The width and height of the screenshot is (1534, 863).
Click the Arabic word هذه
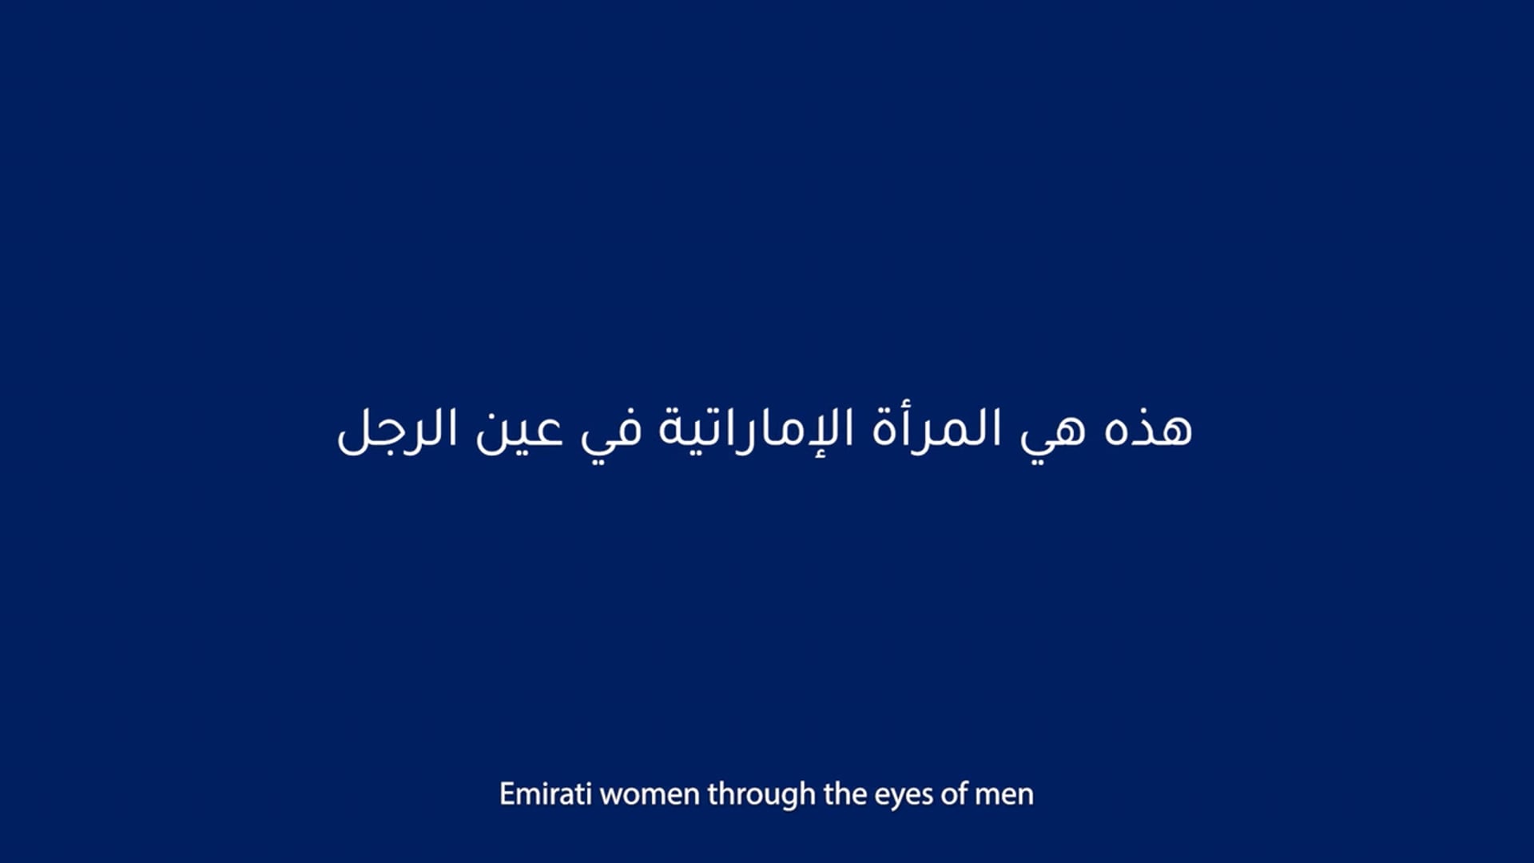point(1148,430)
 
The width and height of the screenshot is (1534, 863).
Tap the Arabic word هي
point(1053,435)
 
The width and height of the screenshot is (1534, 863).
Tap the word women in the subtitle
point(650,794)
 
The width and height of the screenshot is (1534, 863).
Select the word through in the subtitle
point(761,794)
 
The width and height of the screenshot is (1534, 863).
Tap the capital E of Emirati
point(507,794)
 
